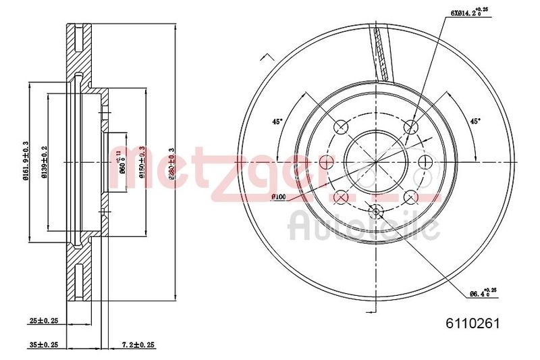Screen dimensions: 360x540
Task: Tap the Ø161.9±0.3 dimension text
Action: point(25,162)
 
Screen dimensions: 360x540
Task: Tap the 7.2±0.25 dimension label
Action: point(138,345)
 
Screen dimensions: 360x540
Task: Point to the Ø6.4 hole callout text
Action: point(481,292)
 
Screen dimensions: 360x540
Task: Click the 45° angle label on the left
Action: point(277,122)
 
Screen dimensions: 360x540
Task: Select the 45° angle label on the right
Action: point(475,122)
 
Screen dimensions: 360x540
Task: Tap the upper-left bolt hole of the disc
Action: point(341,126)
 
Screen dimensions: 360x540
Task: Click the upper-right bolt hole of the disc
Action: point(410,126)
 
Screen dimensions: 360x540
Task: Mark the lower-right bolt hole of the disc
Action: point(410,197)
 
